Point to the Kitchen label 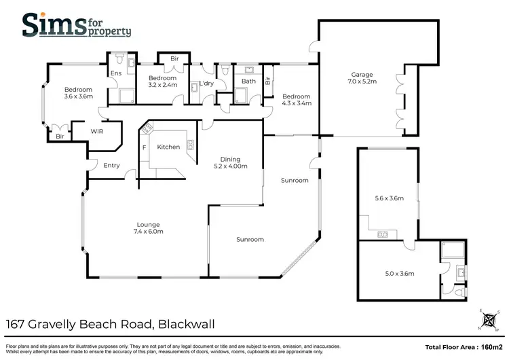click(x=168, y=147)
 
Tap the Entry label click(x=111, y=165)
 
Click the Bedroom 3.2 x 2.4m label click(x=162, y=82)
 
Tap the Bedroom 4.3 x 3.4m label click(x=297, y=100)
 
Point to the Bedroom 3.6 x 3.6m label click(x=78, y=93)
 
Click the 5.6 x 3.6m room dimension click(x=389, y=199)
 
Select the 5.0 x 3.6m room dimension click(x=389, y=274)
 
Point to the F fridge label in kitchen click(x=144, y=147)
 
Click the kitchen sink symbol click(x=190, y=144)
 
